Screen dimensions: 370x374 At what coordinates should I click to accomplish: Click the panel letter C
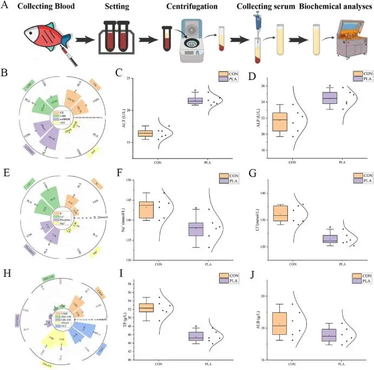[126, 72]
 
